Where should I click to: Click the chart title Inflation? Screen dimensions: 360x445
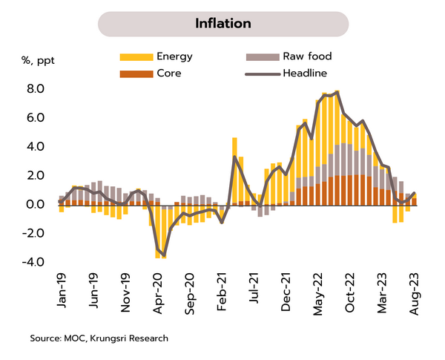pyautogui.click(x=222, y=23)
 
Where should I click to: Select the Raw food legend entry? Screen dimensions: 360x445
pyautogui.click(x=306, y=56)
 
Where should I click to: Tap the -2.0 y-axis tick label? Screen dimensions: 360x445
pyautogui.click(x=35, y=233)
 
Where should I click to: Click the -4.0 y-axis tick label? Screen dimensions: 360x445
pyautogui.click(x=35, y=262)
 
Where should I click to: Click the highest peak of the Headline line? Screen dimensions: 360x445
pyautogui.click(x=337, y=92)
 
